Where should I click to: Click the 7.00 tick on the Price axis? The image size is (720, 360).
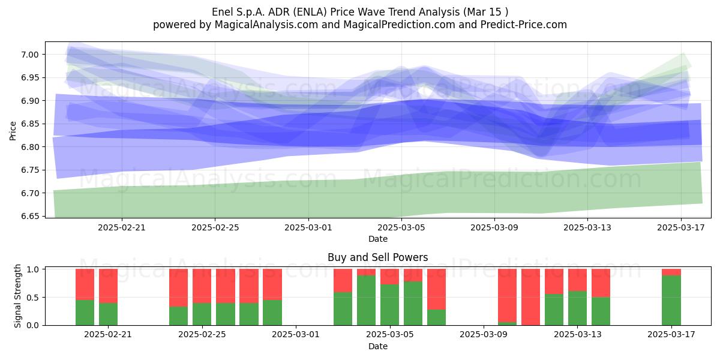click(29, 55)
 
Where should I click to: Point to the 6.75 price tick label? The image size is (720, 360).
click(29, 170)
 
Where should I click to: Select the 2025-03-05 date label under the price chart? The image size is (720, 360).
click(401, 227)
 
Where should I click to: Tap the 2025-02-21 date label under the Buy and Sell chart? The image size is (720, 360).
click(108, 335)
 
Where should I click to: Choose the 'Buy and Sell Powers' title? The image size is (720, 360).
click(377, 257)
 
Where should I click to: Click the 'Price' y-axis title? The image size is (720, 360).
click(13, 131)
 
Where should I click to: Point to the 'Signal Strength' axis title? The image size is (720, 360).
click(17, 296)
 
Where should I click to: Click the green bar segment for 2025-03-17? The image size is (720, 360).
click(671, 300)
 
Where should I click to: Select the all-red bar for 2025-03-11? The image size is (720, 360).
click(530, 297)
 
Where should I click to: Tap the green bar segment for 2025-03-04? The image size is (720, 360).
click(367, 300)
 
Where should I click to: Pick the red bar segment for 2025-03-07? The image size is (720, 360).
click(437, 289)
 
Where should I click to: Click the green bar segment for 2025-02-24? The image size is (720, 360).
click(179, 316)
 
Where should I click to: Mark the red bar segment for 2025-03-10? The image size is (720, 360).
click(507, 296)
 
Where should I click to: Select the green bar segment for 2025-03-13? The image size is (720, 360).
click(578, 308)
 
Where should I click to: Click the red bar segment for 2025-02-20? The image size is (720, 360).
click(85, 284)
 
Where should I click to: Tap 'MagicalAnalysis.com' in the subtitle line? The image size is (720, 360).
click(266, 25)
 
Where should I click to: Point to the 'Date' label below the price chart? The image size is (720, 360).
click(378, 239)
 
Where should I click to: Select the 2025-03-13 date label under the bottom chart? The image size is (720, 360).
click(578, 335)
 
